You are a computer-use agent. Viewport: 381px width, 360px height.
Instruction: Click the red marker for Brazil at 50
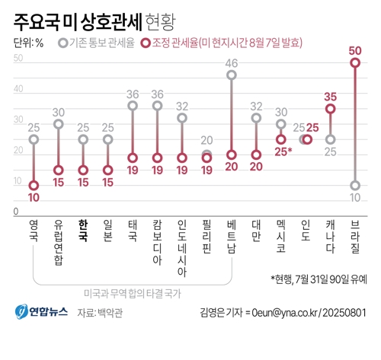(355, 63)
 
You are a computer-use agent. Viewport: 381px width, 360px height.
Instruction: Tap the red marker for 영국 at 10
(34, 185)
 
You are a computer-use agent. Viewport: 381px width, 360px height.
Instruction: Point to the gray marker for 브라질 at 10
(355, 185)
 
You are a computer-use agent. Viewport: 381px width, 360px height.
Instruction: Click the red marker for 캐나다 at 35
(331, 109)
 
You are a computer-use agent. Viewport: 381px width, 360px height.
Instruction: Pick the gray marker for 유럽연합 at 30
(59, 124)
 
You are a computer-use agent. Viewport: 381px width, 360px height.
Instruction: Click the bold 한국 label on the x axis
(83, 232)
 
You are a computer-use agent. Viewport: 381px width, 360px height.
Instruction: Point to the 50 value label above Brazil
(355, 50)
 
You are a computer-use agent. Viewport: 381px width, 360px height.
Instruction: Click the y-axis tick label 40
(18, 94)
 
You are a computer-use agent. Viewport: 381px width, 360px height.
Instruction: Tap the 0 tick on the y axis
(15, 212)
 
